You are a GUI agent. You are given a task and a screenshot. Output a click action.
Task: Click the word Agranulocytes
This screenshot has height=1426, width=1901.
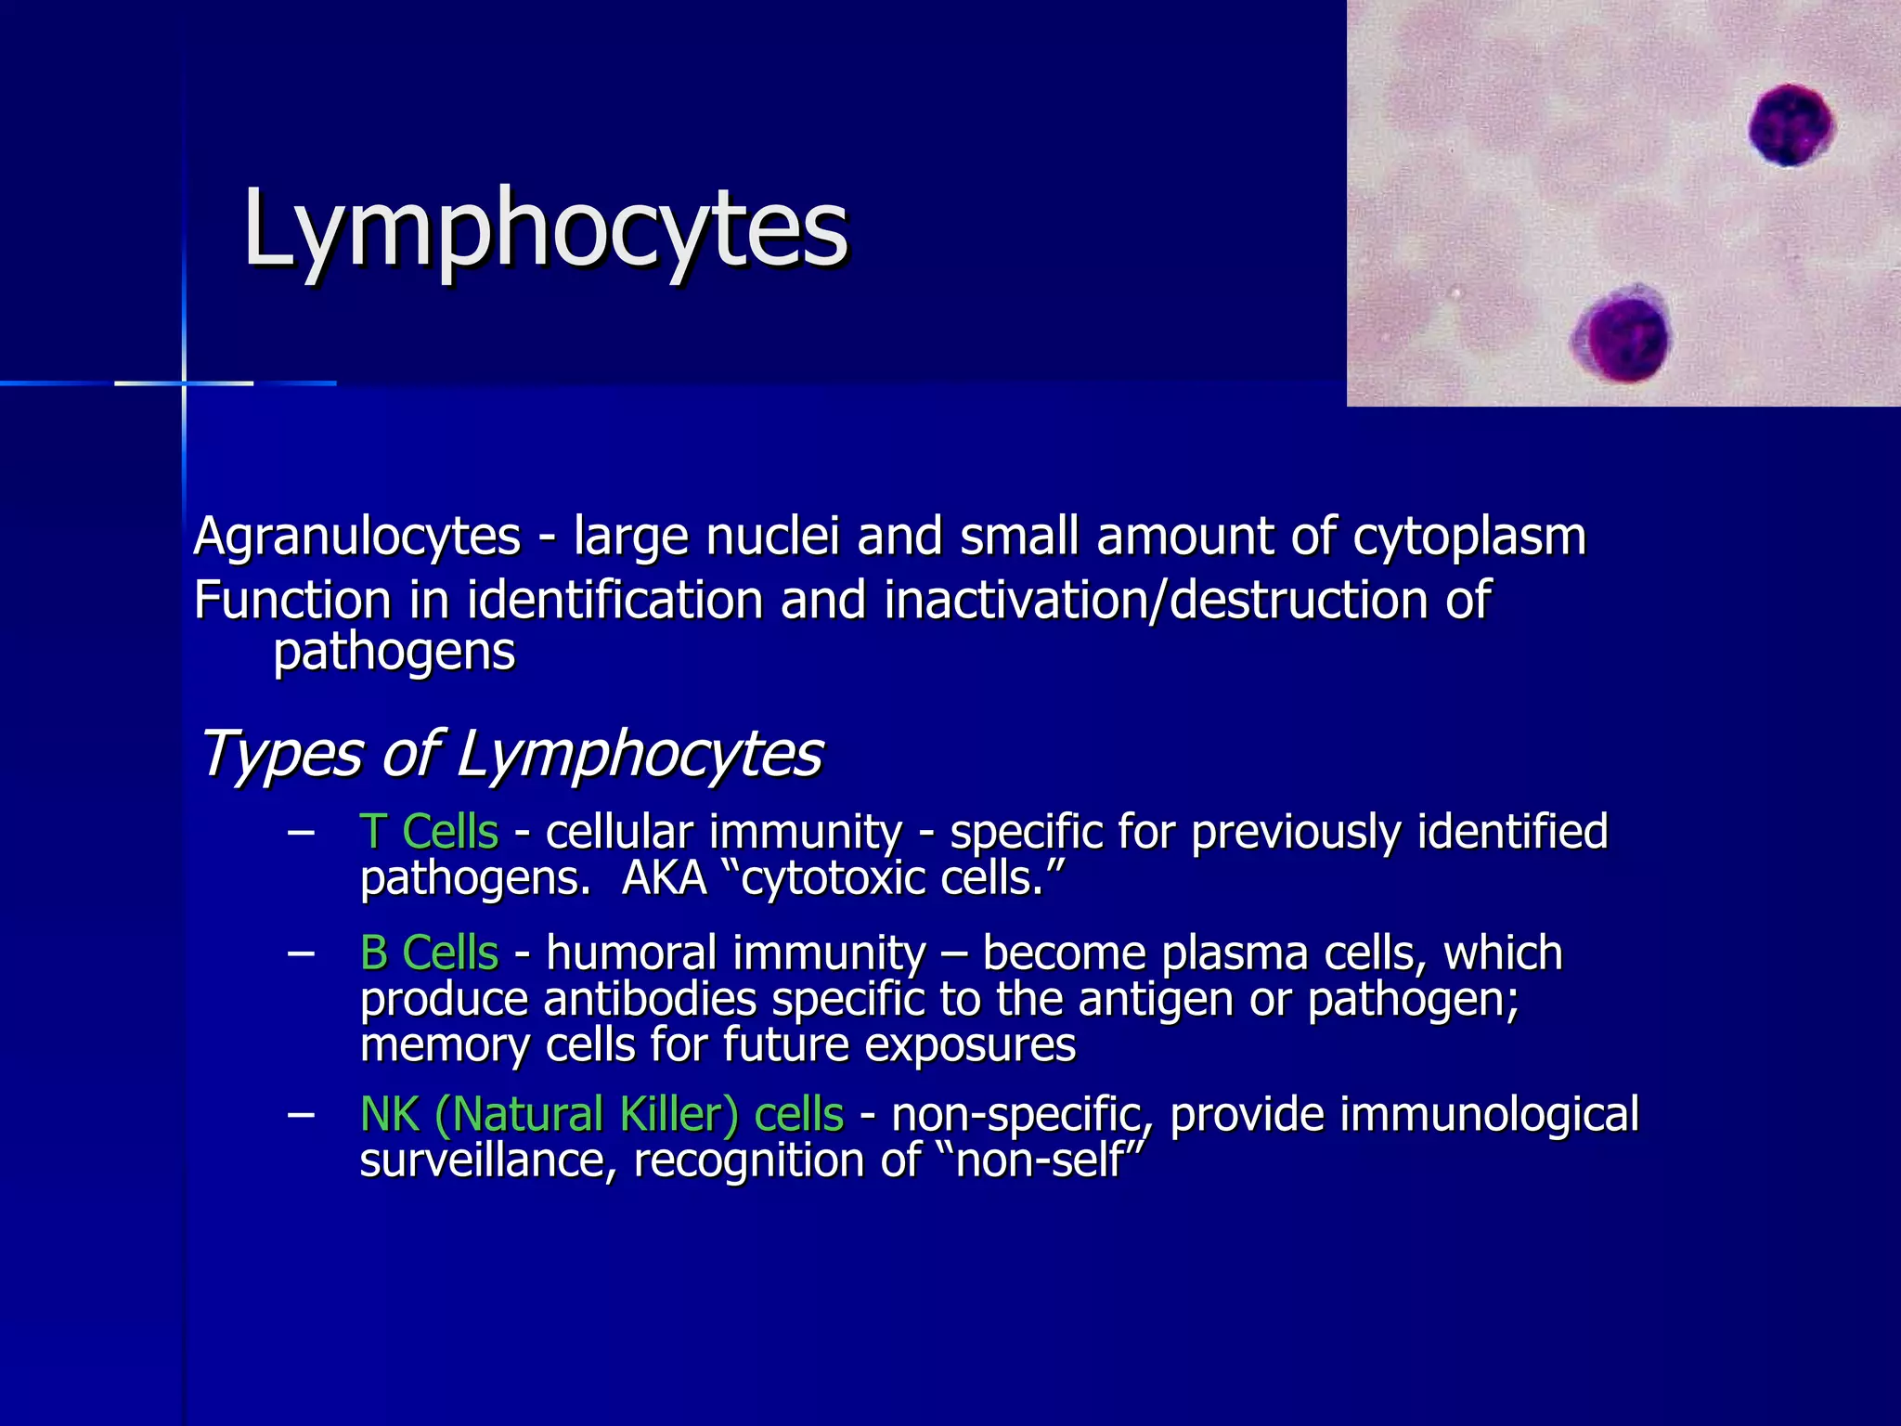click(x=357, y=538)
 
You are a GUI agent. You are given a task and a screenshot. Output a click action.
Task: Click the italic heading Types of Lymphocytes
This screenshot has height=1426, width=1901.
click(x=511, y=753)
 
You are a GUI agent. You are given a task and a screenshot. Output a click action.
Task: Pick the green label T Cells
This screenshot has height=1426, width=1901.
click(x=430, y=831)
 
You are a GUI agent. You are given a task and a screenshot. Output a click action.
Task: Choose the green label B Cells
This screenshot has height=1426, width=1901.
click(x=430, y=953)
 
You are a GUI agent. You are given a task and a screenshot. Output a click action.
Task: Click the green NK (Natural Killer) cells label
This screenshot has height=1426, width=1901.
click(x=601, y=1114)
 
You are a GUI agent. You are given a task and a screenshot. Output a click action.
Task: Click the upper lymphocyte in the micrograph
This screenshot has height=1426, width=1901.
click(x=1791, y=125)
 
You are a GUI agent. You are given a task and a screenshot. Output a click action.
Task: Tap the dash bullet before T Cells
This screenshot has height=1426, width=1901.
click(x=300, y=832)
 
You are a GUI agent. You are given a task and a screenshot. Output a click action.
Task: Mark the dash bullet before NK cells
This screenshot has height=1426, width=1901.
click(x=300, y=1114)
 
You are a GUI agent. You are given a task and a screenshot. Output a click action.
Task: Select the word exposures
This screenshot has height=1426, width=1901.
click(x=970, y=1045)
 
